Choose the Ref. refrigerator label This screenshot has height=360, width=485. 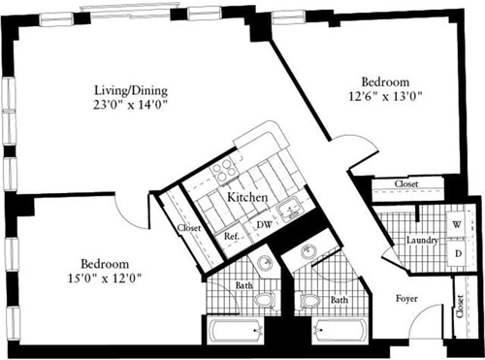[232, 236]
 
